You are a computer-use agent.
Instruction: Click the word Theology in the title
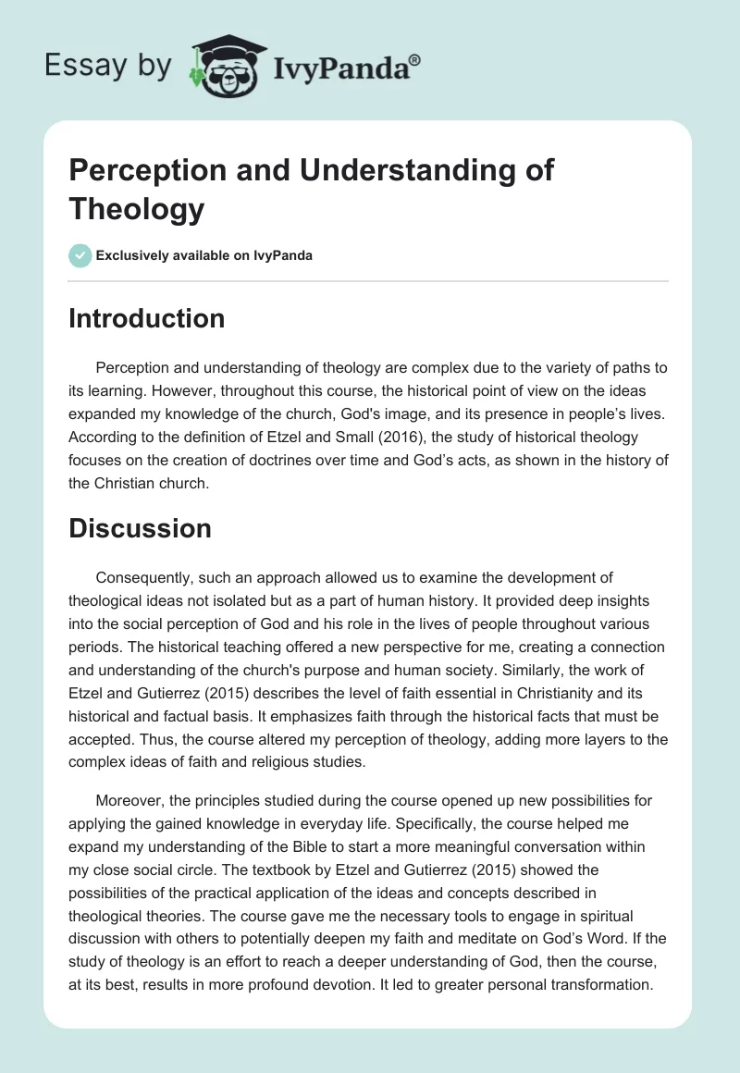pos(137,209)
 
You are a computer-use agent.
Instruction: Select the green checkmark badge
pos(80,256)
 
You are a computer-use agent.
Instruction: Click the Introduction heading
pos(147,319)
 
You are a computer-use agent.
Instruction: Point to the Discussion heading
pos(141,528)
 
